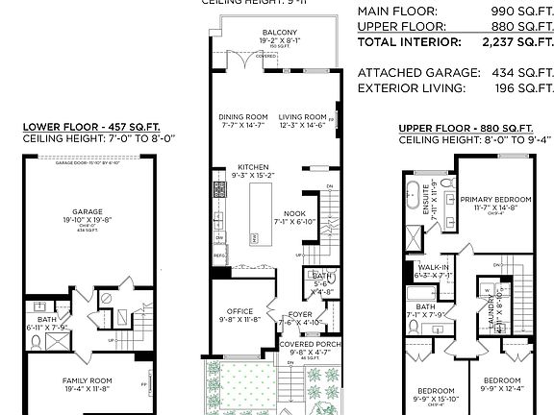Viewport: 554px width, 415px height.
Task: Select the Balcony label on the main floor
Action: click(279, 33)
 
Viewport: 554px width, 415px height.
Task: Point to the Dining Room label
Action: click(242, 117)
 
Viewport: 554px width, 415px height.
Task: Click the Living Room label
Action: click(303, 117)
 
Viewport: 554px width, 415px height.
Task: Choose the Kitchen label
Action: click(254, 167)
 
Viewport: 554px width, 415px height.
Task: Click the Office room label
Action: click(239, 311)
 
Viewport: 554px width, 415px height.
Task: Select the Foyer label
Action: click(300, 314)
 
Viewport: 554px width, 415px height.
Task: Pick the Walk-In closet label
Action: click(433, 267)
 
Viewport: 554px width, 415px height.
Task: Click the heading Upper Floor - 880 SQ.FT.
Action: click(466, 128)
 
